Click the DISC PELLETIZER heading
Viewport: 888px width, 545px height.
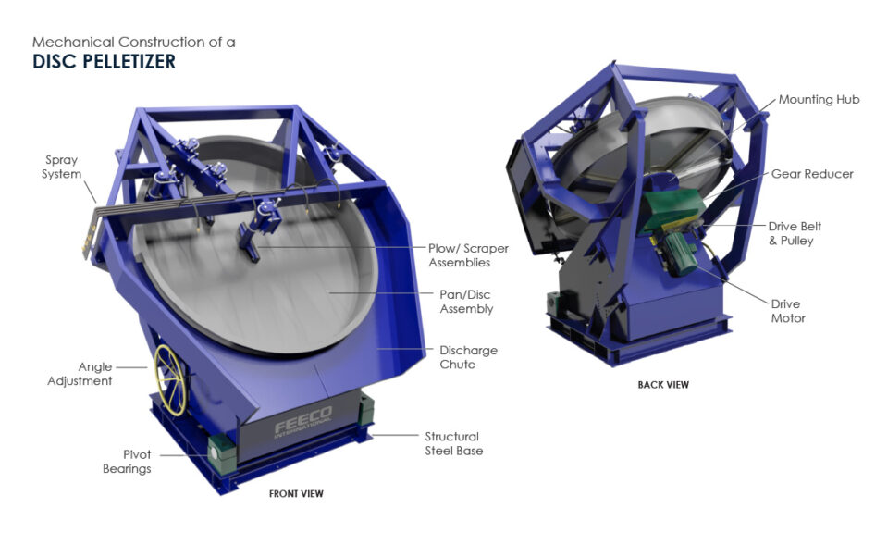click(104, 61)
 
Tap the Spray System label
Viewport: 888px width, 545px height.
click(61, 167)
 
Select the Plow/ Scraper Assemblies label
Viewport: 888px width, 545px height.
click(468, 255)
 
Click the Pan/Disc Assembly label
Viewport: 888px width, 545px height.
click(466, 302)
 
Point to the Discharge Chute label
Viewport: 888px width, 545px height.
click(468, 357)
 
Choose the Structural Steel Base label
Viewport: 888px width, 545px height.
click(453, 443)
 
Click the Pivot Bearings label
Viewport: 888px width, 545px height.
click(127, 462)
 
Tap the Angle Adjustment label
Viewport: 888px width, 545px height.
click(80, 374)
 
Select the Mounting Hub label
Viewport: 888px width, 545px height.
click(819, 100)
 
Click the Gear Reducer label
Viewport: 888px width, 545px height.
click(812, 174)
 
